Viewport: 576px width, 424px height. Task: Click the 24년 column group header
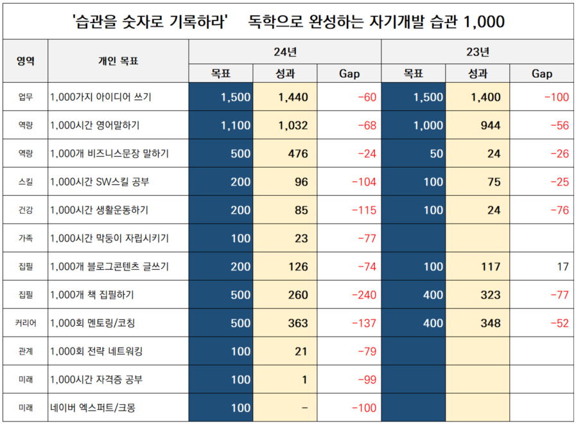284,51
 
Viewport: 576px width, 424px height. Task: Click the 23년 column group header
477,51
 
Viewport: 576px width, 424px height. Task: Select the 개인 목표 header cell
118,62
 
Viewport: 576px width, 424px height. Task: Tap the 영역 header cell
25,62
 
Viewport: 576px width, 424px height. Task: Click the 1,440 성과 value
293,98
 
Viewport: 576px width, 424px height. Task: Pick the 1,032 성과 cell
293,126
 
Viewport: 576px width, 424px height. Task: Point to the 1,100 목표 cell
235,126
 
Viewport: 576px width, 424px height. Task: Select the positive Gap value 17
563,267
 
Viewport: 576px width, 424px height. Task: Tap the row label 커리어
25,323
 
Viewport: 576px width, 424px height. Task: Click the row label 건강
25,210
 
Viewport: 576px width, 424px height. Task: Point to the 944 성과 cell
490,126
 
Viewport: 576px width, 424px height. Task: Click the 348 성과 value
490,323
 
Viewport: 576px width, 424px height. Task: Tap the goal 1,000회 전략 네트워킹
96,351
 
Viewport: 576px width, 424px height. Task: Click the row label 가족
25,238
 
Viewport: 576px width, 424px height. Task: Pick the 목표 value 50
433,154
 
